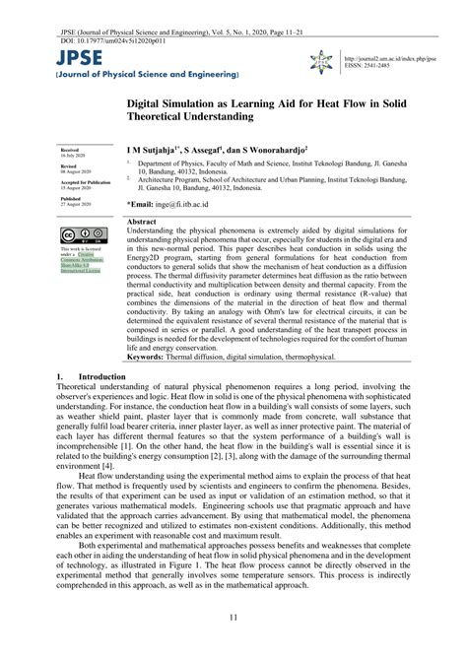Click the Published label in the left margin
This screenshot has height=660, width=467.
coord(68,198)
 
